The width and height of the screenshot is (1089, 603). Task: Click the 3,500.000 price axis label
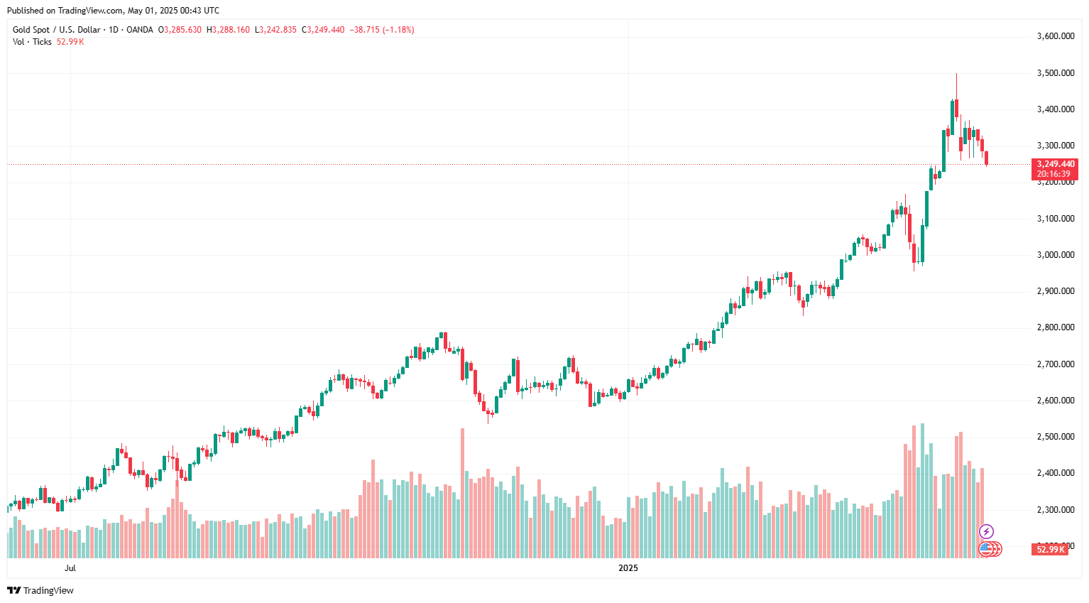click(x=1055, y=73)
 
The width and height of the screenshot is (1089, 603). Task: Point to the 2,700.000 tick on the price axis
click(x=1055, y=364)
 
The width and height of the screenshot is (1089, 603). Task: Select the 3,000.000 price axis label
click(x=1055, y=255)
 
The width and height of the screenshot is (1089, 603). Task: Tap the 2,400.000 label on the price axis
click(x=1055, y=473)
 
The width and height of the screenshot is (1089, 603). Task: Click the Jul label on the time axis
click(x=70, y=568)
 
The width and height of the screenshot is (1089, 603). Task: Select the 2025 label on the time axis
click(x=628, y=568)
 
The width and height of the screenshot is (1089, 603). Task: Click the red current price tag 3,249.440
click(x=1056, y=164)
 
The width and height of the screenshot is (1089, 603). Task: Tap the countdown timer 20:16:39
click(x=1054, y=174)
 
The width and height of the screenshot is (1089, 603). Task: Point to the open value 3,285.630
click(x=182, y=30)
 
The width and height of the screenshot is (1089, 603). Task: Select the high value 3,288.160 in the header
click(x=231, y=30)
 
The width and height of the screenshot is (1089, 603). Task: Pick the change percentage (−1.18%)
click(x=398, y=30)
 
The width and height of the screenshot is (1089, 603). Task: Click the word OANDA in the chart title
click(x=140, y=30)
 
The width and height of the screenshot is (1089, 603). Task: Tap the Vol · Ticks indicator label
click(x=32, y=42)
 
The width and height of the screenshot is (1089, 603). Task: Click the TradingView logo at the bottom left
click(x=40, y=590)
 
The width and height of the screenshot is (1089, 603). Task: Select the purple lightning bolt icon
click(x=986, y=531)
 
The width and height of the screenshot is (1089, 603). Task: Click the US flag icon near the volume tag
click(x=985, y=548)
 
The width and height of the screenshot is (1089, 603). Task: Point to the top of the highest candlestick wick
click(x=956, y=74)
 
